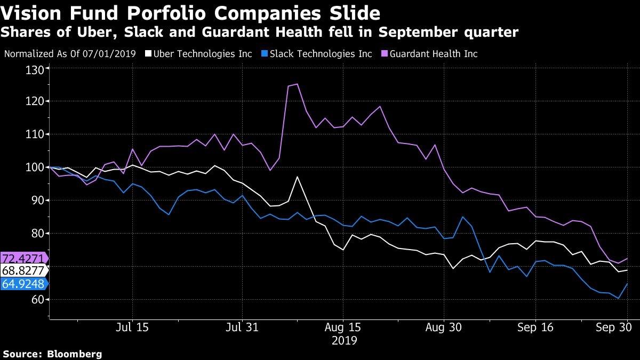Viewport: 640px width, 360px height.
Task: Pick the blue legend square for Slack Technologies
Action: click(265, 54)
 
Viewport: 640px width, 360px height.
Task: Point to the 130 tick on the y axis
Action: click(35, 68)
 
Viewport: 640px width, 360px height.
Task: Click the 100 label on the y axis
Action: click(35, 167)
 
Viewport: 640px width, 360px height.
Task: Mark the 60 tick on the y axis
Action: click(37, 300)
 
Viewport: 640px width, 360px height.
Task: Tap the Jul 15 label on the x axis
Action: click(131, 327)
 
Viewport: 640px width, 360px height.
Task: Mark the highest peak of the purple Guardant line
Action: click(297, 84)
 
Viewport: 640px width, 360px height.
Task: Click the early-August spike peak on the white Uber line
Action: click(297, 177)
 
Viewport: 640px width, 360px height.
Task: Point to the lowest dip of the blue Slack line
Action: click(618, 298)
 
